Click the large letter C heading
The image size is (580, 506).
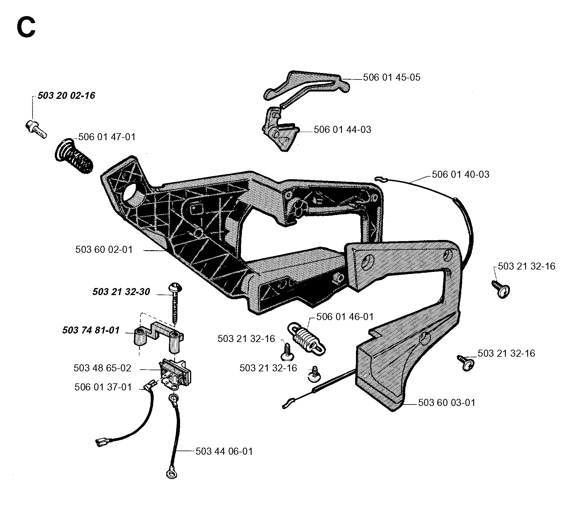click(x=26, y=27)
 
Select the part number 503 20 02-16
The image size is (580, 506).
click(x=66, y=96)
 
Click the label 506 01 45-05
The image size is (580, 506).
click(x=391, y=77)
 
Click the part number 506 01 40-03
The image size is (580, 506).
click(x=461, y=175)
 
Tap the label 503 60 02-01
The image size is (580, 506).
click(x=104, y=250)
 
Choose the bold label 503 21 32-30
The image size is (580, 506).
click(x=121, y=292)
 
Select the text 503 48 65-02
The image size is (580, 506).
click(x=102, y=368)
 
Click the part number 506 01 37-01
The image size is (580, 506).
click(x=103, y=387)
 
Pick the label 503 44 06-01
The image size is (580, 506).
click(x=224, y=451)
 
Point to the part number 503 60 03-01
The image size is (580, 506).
click(x=447, y=402)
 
